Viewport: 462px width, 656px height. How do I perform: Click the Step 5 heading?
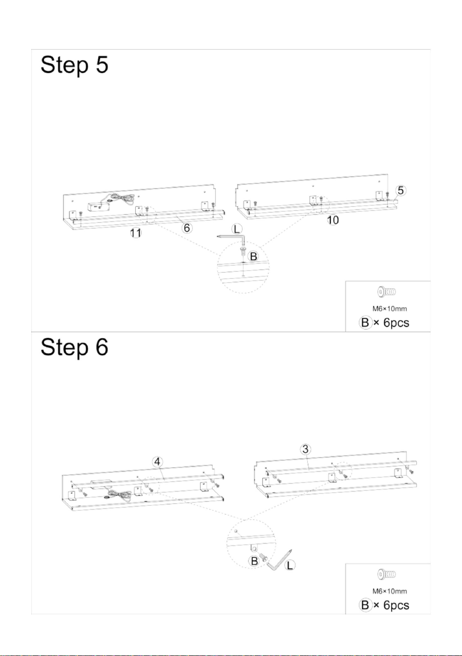point(74,65)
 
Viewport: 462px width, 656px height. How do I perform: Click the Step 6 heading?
point(74,347)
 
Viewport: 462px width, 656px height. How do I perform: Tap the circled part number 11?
point(135,233)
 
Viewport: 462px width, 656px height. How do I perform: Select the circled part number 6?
point(187,228)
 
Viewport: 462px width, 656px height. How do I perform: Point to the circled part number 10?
point(333,220)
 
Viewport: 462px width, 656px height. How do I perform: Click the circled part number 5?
point(401,190)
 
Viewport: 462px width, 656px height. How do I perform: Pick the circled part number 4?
point(158,462)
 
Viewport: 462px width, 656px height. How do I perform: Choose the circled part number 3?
point(306,449)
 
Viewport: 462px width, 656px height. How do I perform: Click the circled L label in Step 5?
point(237,229)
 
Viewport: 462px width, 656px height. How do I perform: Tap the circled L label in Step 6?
point(289,565)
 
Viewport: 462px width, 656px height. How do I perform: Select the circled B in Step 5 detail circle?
point(253,256)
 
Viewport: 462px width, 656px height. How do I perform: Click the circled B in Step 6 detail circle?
point(254,561)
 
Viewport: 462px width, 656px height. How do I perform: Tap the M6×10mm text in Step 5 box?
point(390,309)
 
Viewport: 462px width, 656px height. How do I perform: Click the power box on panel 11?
point(99,206)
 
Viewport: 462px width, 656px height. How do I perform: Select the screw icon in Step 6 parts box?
point(387,574)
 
